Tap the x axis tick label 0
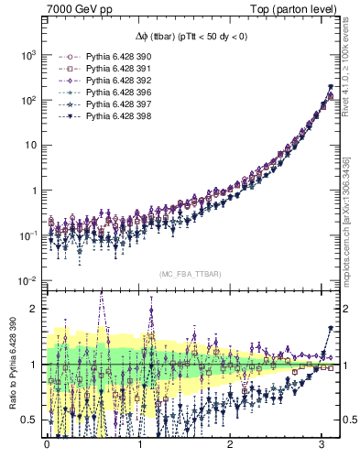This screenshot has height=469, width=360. (x=47, y=444)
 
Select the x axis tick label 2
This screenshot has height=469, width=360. (x=231, y=444)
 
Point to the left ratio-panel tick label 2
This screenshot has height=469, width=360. (x=34, y=309)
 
